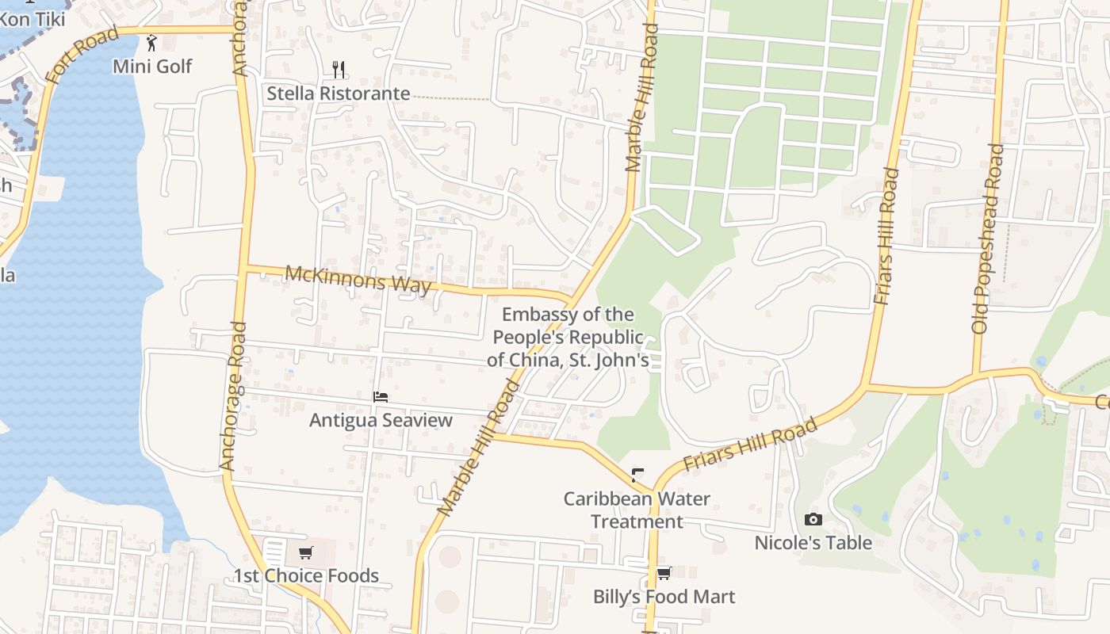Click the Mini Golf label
coord(152,66)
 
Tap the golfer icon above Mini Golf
coord(151,42)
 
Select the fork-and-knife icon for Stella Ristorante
coord(339,70)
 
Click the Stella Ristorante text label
coord(338,94)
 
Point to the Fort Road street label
coord(81,55)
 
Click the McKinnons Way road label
coord(358,279)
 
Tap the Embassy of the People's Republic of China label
coord(568,338)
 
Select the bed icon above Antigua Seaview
coord(381,397)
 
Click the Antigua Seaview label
coord(381,420)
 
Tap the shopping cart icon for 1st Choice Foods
coord(306,552)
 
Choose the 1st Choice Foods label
coord(306,575)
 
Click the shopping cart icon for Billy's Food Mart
coord(664,573)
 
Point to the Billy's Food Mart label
coord(664,597)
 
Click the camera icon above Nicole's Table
coord(813,520)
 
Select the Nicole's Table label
coord(813,543)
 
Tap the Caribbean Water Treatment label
coord(637,510)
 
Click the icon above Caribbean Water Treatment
coord(637,476)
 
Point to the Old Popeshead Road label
coord(987,238)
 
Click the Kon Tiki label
coord(32,17)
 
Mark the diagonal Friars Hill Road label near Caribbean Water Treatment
coord(749,445)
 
